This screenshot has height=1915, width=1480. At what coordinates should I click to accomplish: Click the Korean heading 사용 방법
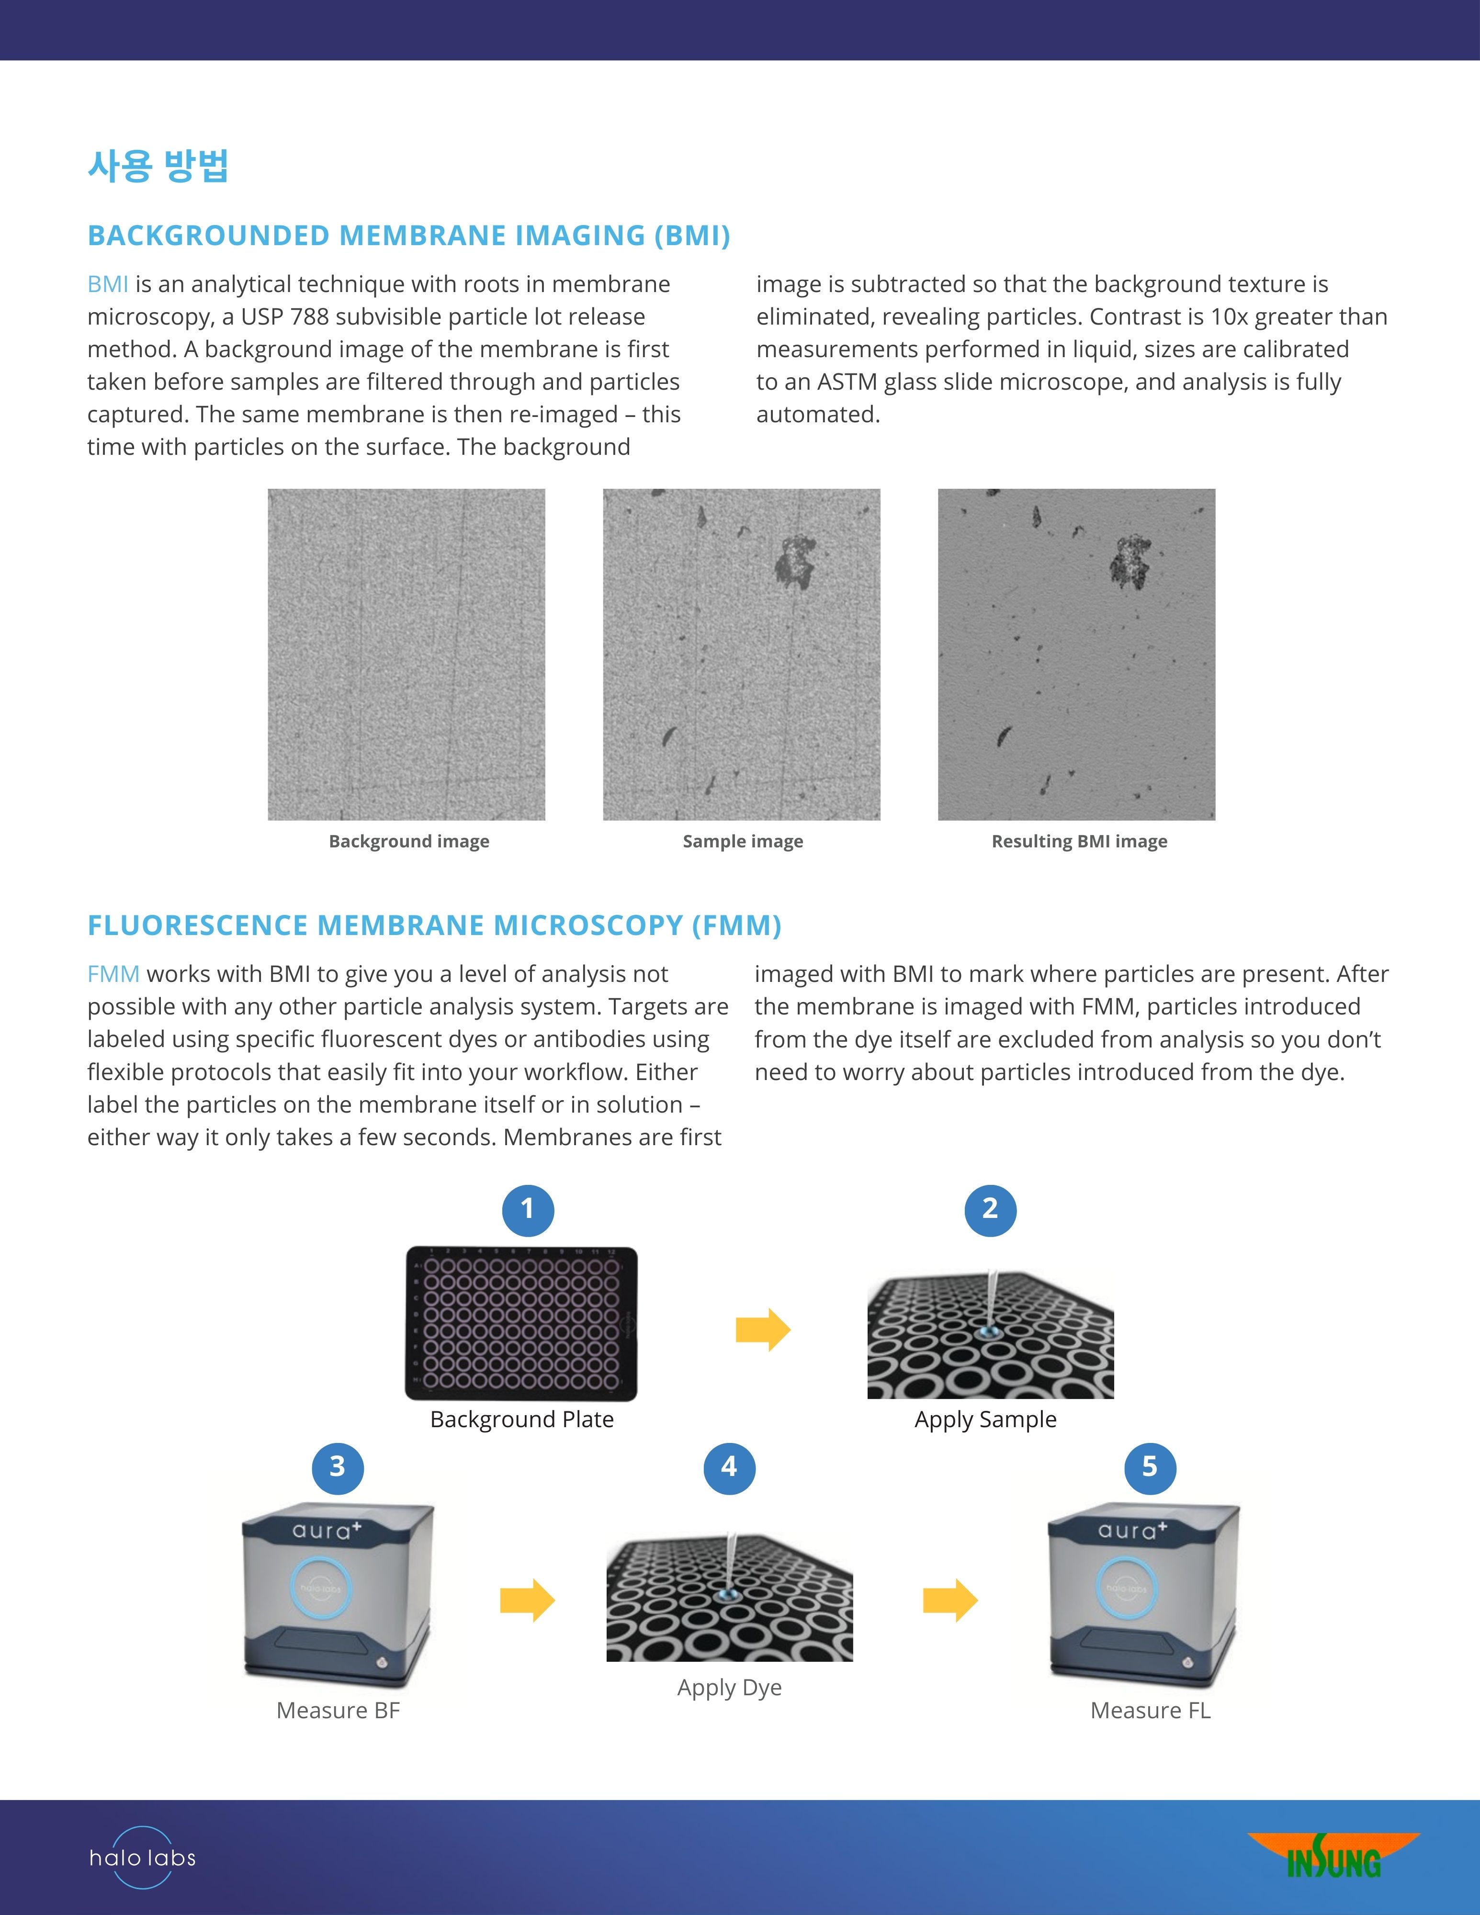point(158,166)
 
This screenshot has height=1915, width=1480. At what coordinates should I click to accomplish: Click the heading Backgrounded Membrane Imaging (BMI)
point(408,236)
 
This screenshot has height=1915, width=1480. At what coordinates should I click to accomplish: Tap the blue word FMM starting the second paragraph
point(113,974)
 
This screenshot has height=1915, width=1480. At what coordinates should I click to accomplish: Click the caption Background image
point(408,842)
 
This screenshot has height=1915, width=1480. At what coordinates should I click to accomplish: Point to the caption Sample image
point(743,842)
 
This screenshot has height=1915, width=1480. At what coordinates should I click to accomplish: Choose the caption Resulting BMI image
point(1079,842)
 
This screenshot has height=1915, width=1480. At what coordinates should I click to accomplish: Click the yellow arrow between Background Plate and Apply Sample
point(763,1329)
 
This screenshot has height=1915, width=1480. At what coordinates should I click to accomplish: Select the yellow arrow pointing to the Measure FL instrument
point(950,1600)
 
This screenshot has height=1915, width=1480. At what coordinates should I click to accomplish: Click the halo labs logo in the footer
point(142,1856)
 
